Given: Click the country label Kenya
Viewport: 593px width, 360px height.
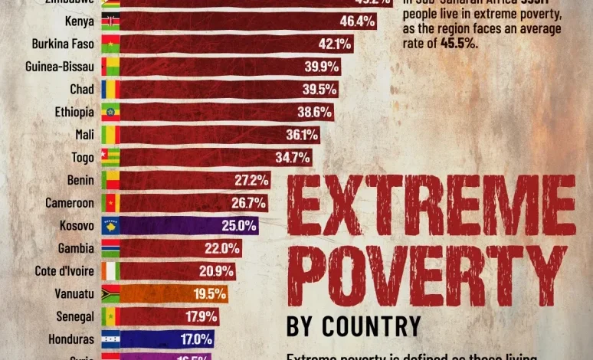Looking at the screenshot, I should [x=80, y=21].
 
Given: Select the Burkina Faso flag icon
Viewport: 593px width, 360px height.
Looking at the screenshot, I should [x=110, y=44].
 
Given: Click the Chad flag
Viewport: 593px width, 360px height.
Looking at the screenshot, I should [x=110, y=90].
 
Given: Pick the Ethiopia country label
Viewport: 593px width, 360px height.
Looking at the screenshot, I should [x=74, y=112].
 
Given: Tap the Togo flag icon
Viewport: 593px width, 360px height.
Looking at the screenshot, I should [x=110, y=158].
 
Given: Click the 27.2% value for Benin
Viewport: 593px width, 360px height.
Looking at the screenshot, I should [x=252, y=180].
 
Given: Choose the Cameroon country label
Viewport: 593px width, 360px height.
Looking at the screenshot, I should [x=70, y=203].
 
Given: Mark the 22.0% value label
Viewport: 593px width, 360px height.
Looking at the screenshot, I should [x=222, y=248].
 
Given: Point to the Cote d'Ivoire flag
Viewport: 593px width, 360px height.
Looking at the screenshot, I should [x=110, y=271].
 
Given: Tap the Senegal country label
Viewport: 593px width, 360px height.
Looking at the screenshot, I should [x=75, y=316].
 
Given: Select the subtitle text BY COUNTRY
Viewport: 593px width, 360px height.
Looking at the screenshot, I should [x=353, y=325].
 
